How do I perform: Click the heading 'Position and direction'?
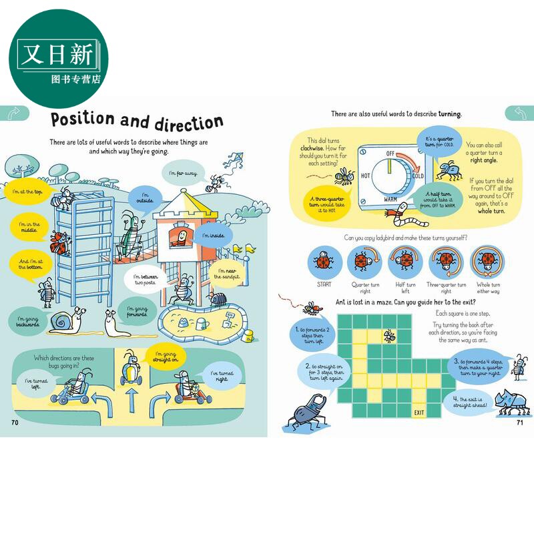136,121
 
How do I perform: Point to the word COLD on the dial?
418,176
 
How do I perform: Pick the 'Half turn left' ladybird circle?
406,261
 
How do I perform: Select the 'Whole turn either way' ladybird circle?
488,261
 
